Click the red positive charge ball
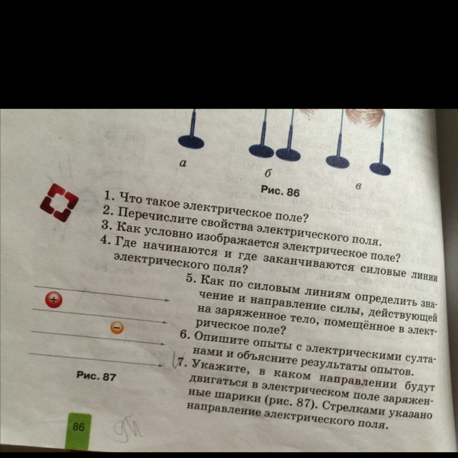pyautogui.click(x=54, y=300)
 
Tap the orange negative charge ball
pyautogui.click(x=117, y=327)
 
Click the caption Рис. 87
pyautogui.click(x=96, y=375)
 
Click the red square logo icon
pyautogui.click(x=59, y=202)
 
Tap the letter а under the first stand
pyautogui.click(x=183, y=163)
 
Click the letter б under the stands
pyautogui.click(x=268, y=173)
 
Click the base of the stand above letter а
pyautogui.click(x=191, y=142)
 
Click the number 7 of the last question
pyautogui.click(x=182, y=363)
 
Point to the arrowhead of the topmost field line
pyautogui.click(x=167, y=300)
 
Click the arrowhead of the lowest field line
pyautogui.click(x=160, y=365)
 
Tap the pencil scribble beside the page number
pyautogui.click(x=127, y=428)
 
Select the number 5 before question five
pyautogui.click(x=190, y=278)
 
